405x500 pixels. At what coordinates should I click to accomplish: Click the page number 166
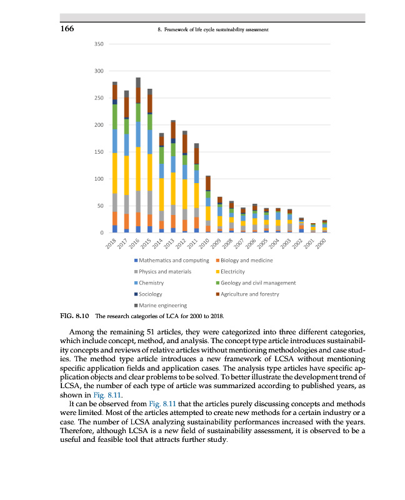pyautogui.click(x=68, y=29)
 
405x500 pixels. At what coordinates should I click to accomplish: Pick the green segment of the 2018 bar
pyautogui.click(x=115, y=117)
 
